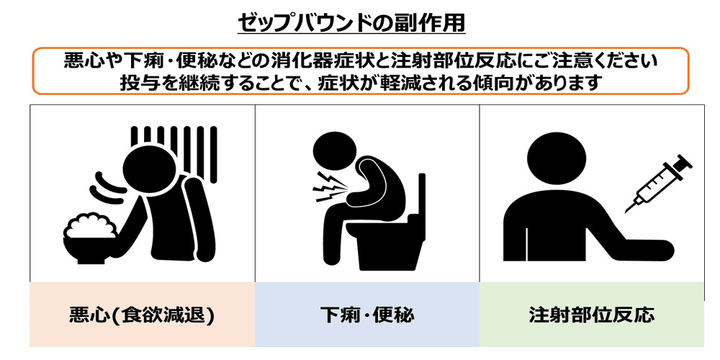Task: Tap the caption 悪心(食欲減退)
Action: click(x=141, y=315)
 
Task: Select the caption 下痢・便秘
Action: click(x=367, y=315)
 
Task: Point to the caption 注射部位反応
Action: click(x=591, y=315)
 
